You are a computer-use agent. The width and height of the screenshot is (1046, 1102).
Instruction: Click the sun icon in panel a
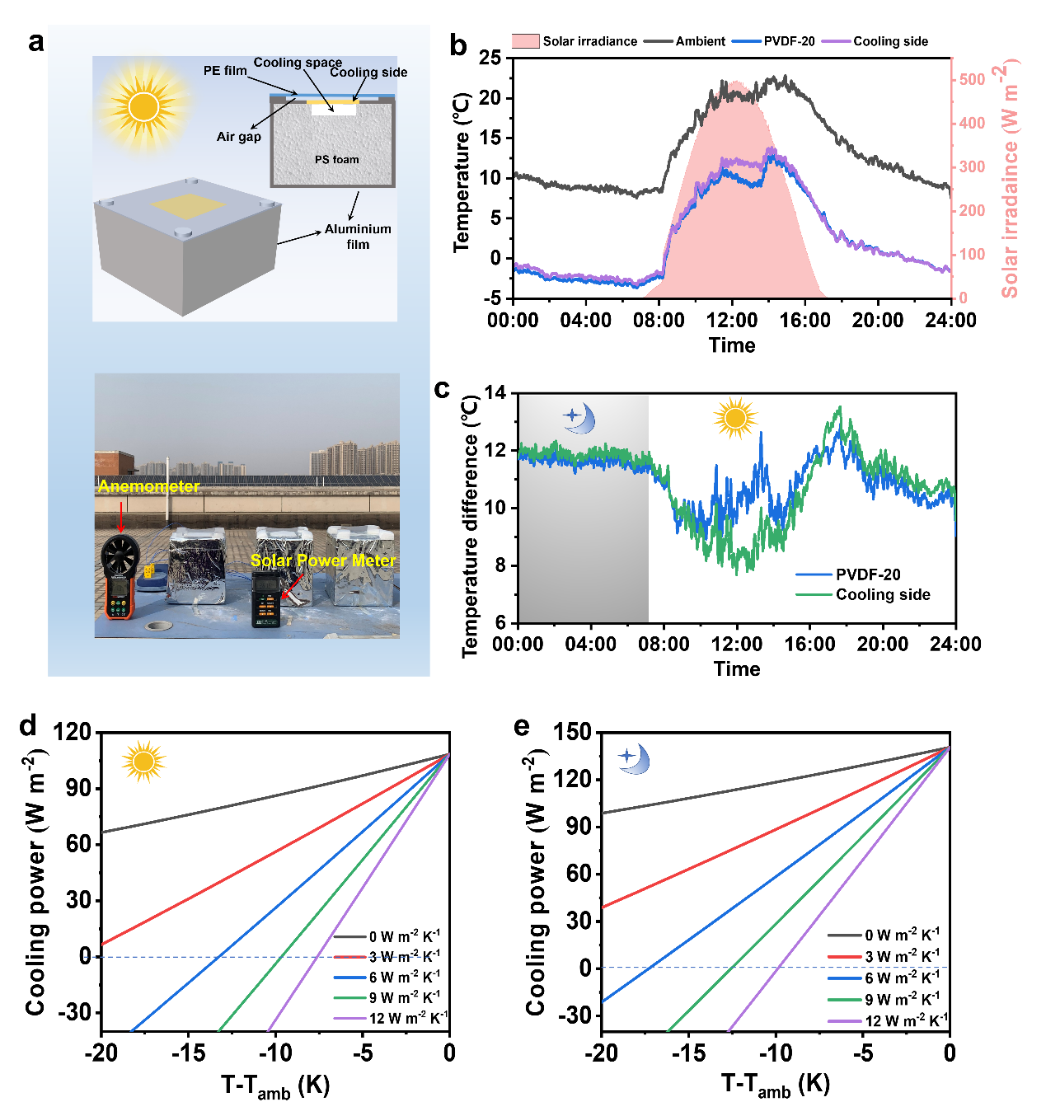[x=143, y=106]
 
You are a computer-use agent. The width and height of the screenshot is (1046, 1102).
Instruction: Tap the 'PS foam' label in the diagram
[x=336, y=160]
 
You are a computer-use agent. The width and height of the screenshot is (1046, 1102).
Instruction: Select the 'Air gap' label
[x=239, y=137]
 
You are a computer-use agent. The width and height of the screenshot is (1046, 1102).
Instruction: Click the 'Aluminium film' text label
[x=358, y=237]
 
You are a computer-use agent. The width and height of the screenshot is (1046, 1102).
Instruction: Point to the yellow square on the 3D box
[x=188, y=206]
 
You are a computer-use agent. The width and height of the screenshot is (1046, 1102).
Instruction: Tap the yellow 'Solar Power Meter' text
[x=323, y=560]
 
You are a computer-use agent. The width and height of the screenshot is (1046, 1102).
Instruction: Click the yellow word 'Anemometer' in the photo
[x=148, y=486]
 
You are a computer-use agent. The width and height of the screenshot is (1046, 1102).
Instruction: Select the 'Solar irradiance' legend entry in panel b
[x=574, y=41]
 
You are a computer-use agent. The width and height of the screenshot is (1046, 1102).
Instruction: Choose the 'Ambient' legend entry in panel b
[x=684, y=41]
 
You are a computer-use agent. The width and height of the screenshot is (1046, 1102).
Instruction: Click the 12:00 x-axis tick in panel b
[x=731, y=320]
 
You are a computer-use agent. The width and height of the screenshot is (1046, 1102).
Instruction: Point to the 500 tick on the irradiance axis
[x=972, y=80]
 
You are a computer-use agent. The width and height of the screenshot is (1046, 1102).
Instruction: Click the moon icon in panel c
[x=579, y=418]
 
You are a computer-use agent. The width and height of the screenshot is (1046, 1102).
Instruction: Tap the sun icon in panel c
[x=735, y=418]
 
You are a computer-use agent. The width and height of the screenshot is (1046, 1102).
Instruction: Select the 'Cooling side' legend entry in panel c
[x=863, y=595]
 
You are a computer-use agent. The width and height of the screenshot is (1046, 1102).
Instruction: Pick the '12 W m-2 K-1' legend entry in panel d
[x=391, y=1019]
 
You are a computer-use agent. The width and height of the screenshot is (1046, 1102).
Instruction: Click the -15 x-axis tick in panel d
[x=189, y=1053]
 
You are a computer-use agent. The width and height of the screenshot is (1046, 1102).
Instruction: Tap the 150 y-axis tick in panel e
[x=572, y=731]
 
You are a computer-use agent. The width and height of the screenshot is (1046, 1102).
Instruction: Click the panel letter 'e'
[x=521, y=727]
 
